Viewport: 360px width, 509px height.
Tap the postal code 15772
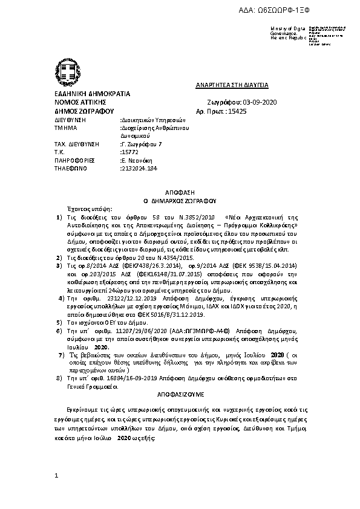point(130,152)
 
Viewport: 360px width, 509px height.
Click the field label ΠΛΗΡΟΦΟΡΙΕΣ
point(71,161)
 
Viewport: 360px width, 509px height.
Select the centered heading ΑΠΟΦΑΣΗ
point(180,190)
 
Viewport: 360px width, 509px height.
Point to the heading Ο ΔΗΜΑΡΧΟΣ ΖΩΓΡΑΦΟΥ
point(180,198)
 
